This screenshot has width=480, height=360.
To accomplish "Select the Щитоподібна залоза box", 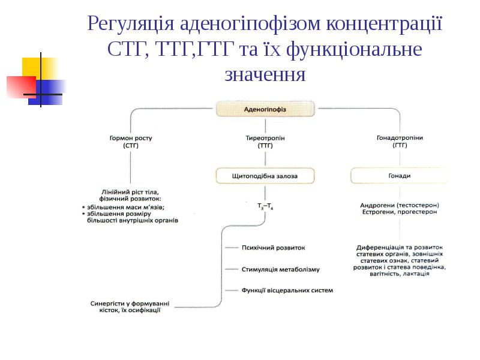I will click(x=265, y=176).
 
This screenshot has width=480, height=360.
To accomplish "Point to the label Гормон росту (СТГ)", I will click(x=131, y=142).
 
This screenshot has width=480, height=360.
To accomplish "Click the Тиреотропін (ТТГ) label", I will click(x=265, y=142).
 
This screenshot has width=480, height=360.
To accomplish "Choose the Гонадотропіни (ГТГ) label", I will click(x=400, y=142).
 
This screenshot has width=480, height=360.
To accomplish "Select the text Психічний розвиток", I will click(x=273, y=247).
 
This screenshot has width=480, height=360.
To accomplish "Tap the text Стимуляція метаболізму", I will click(x=280, y=269).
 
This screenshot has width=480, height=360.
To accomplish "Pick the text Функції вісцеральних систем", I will click(x=287, y=290).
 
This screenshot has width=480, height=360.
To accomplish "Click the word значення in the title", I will click(x=265, y=75).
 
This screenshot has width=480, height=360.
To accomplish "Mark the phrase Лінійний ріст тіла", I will click(x=130, y=191).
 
